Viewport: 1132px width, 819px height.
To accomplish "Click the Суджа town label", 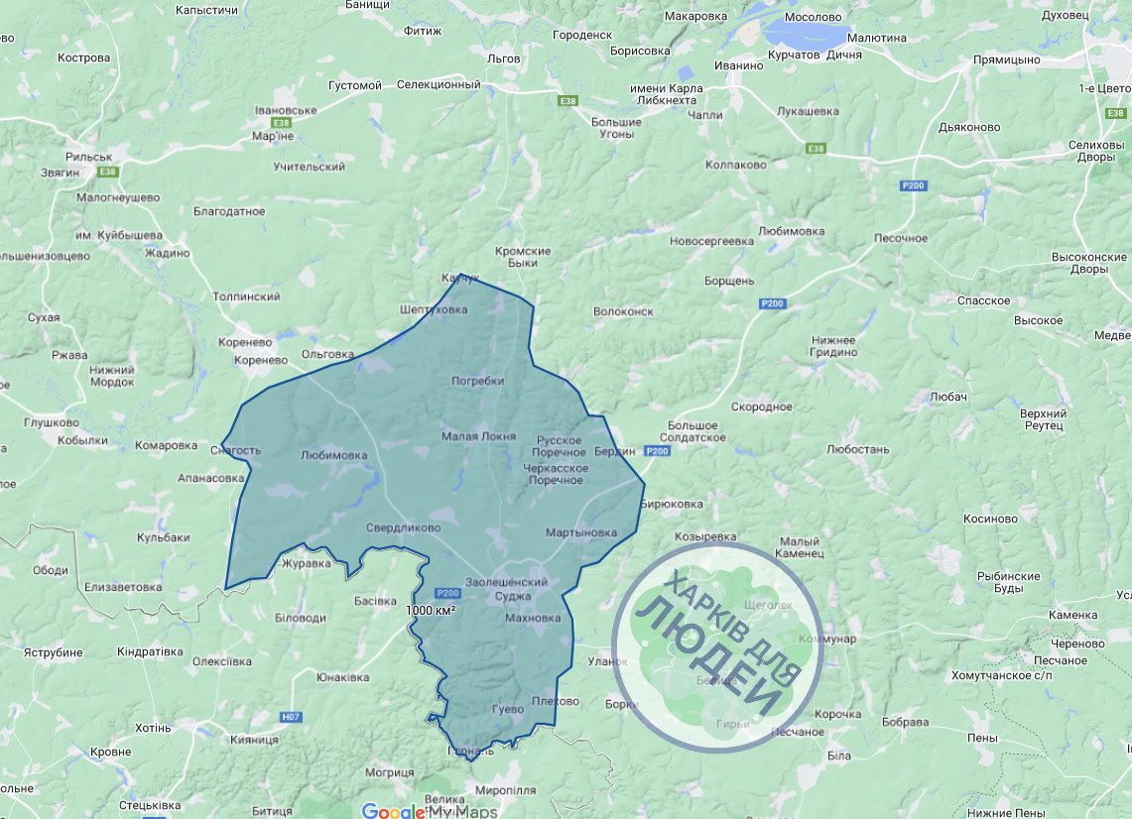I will coord(520,597).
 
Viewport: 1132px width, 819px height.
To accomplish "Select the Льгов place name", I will coord(504,58).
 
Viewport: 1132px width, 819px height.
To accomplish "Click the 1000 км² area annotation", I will coord(431,611).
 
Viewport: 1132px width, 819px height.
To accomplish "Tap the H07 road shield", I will coord(291,716).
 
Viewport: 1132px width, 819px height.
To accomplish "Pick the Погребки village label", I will coord(478,381).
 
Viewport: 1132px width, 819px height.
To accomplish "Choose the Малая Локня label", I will coord(478,436).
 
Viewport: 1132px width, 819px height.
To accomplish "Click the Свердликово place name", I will coord(403,527).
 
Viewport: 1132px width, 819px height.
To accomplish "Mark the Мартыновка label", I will coord(581,532).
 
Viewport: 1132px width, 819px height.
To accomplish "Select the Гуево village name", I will coord(507,710).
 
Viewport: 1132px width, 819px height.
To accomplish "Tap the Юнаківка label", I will coord(343,678).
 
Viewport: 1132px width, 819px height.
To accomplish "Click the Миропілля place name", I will coord(506,790).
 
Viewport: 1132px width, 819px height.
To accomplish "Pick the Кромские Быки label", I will coord(523,257).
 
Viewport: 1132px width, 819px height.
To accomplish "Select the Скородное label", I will coord(762,407).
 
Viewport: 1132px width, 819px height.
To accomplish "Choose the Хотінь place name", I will coord(153,728).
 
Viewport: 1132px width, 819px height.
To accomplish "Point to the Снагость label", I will coord(236,450).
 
